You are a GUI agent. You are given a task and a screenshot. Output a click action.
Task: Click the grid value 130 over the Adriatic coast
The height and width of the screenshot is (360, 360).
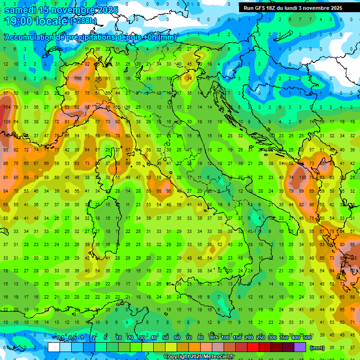pyautogui.click(x=303, y=178)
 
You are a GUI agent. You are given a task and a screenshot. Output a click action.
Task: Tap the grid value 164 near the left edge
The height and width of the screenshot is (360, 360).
pyautogui.click(x=7, y=107)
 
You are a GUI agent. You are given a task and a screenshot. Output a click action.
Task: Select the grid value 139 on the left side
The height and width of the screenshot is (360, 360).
pyautogui.click(x=7, y=122)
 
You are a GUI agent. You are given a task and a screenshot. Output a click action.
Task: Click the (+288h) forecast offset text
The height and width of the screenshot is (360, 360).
pyautogui.click(x=83, y=21)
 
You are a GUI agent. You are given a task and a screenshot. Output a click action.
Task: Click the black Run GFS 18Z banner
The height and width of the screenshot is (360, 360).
pyautogui.click(x=293, y=8)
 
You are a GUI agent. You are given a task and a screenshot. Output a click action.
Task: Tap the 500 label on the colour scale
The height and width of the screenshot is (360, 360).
pyautogui.click(x=307, y=338)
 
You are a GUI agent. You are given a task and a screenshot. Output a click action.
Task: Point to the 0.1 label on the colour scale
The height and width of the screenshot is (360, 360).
pyautogui.click(x=61, y=338)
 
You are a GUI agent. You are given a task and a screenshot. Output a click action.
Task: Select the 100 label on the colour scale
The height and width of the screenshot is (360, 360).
pyautogui.click(x=225, y=338)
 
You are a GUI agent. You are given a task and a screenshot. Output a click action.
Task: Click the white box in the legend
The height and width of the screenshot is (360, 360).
pyautogui.click(x=54, y=347)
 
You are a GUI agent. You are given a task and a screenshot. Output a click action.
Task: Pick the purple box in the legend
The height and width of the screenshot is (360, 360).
pyautogui.click(x=300, y=347)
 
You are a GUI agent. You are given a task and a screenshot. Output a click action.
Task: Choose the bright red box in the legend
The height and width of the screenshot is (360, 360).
pyautogui.click(x=253, y=347)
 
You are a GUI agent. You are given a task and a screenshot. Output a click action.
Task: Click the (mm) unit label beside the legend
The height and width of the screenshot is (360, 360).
pyautogui.click(x=317, y=348)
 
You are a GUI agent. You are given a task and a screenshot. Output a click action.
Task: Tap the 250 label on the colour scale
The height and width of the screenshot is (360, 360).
pyautogui.click(x=260, y=338)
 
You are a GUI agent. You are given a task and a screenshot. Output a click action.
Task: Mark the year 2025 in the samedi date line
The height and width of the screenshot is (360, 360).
pyautogui.click(x=105, y=10)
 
